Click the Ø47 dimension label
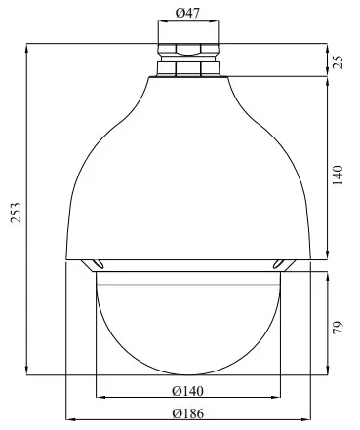(187, 13)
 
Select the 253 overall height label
(16, 213)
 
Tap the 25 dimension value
(338, 61)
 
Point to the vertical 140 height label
(338, 176)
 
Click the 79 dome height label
(338, 327)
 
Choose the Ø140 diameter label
(187, 391)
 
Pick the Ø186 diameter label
(188, 413)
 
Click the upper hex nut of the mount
(188, 49)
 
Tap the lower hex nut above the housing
(188, 69)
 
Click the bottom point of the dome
(188, 375)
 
